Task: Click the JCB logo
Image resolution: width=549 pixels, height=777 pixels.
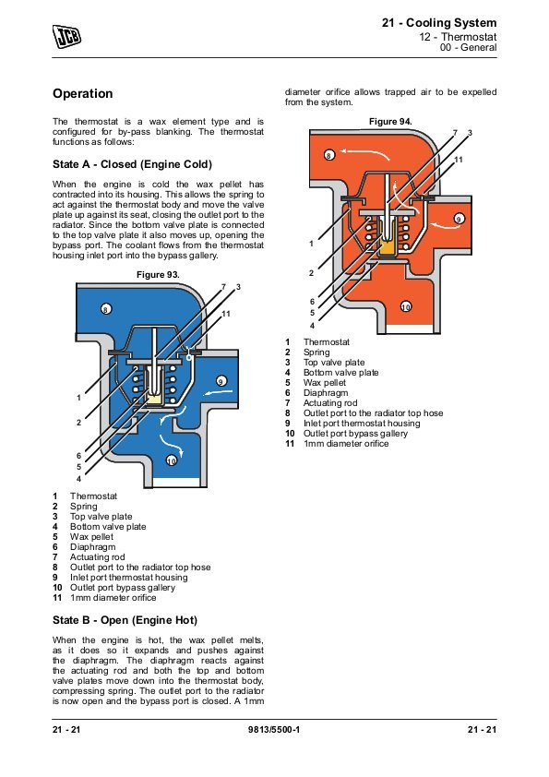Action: point(66,37)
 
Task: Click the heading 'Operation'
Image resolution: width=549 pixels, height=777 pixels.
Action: point(83,93)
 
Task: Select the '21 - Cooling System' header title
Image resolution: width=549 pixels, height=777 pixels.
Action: point(439,23)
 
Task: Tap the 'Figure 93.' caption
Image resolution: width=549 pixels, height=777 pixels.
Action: point(158,274)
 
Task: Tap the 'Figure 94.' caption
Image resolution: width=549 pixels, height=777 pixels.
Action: point(390,122)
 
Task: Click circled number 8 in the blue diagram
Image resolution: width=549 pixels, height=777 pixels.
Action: point(106,309)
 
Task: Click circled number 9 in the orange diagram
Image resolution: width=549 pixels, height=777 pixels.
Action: point(459,219)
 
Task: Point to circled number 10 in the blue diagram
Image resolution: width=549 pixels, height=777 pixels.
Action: point(171,460)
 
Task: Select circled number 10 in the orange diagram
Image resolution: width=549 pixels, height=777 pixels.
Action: point(406,306)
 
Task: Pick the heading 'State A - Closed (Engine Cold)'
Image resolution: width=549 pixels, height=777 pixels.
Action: point(132,164)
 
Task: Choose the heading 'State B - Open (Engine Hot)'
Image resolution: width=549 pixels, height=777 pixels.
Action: point(125,620)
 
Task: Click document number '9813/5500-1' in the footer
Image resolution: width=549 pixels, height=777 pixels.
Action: point(274,729)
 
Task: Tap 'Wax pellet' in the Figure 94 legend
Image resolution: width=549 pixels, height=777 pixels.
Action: point(325,383)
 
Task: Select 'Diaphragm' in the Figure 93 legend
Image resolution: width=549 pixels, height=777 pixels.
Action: point(92,547)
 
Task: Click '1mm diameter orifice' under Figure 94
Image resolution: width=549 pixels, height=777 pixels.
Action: point(346,444)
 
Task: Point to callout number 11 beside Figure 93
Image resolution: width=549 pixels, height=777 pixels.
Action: point(226,314)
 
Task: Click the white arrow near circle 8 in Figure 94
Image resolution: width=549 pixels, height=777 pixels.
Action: point(365,152)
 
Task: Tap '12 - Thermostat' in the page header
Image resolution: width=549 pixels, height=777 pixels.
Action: point(458,37)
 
